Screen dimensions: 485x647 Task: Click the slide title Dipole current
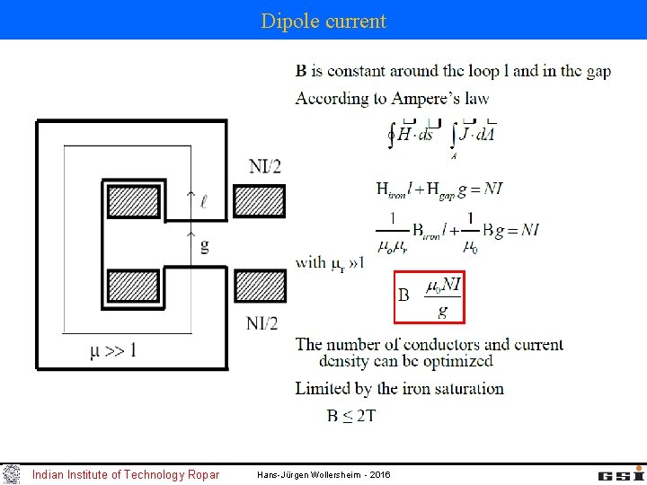point(323,21)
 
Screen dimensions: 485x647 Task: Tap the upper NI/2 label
point(264,165)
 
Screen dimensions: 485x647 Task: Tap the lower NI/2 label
point(262,323)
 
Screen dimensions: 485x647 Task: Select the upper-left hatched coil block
point(133,199)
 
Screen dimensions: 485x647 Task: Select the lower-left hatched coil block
point(133,286)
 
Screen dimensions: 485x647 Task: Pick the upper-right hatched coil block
point(259,200)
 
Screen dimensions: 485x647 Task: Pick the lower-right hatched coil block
point(259,286)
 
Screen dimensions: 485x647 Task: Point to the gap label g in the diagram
point(205,245)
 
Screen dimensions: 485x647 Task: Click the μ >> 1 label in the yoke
point(113,348)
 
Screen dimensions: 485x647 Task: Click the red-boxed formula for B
point(430,296)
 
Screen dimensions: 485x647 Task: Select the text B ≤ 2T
point(351,415)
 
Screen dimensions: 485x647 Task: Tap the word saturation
point(468,388)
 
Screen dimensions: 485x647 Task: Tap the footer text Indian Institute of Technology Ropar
point(125,474)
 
